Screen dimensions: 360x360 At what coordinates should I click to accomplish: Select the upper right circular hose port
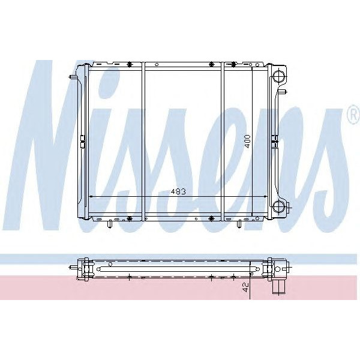pyautogui.click(x=278, y=76)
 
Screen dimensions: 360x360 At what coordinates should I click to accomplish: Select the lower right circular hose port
pyautogui.click(x=278, y=207)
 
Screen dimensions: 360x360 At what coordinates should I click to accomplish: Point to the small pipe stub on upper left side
pyautogui.click(x=74, y=77)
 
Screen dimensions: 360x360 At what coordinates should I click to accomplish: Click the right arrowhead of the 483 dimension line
pyautogui.click(x=266, y=196)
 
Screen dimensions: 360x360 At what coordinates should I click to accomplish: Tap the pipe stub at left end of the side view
pyautogui.click(x=73, y=268)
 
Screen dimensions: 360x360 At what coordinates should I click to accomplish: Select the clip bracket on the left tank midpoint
pyautogui.click(x=82, y=142)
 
